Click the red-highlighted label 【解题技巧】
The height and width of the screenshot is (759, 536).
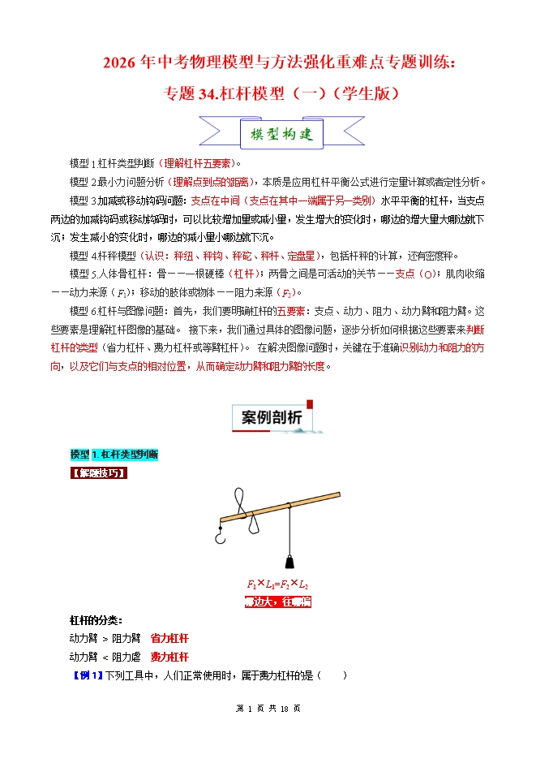point(99,472)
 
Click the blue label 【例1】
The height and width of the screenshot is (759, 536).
point(88,675)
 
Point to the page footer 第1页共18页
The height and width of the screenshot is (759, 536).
point(268,731)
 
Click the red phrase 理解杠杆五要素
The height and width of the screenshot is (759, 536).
point(196,163)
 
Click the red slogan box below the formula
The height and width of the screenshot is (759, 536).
point(277,602)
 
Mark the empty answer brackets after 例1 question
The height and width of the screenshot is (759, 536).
point(333,675)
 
